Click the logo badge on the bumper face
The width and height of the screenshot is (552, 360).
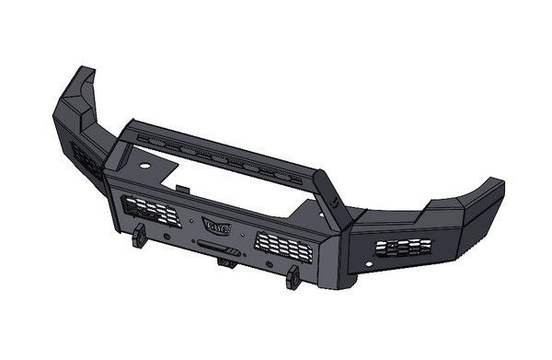[216, 225]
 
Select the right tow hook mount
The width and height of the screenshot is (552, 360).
[293, 275]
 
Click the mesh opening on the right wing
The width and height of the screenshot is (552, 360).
[403, 247]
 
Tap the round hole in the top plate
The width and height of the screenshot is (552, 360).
[146, 163]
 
